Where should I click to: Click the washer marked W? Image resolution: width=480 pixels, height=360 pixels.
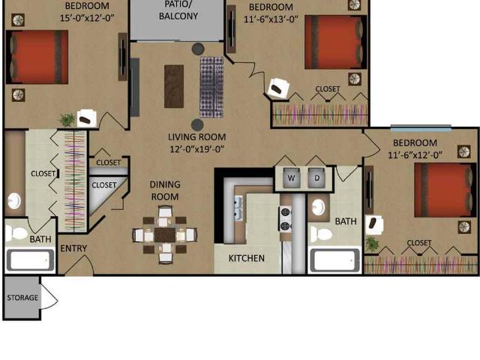click(x=291, y=178)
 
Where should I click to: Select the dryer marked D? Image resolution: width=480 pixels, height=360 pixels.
click(x=316, y=178)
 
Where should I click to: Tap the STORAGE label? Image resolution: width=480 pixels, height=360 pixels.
click(x=22, y=298)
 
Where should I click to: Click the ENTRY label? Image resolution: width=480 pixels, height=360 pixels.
click(x=73, y=248)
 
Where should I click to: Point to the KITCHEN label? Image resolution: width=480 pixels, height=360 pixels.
click(x=247, y=258)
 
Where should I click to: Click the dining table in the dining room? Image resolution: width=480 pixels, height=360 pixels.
click(x=165, y=235)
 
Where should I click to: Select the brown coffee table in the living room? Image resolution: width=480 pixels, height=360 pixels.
click(x=174, y=86)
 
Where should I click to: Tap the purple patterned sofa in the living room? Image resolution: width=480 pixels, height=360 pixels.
click(x=211, y=87)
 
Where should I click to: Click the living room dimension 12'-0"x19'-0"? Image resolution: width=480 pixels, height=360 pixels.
click(x=197, y=149)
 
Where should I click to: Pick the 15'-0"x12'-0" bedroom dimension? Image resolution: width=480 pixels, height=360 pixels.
click(x=87, y=18)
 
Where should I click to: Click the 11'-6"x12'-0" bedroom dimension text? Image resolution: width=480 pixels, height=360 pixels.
click(x=415, y=155)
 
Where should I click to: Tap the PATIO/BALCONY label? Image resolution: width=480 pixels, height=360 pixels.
click(x=178, y=10)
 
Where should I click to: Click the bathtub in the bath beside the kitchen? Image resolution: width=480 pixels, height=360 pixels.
click(x=334, y=260)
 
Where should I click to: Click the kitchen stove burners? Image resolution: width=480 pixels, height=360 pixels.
click(x=285, y=219)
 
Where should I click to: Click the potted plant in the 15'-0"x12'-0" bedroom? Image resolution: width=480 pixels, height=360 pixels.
click(x=67, y=120)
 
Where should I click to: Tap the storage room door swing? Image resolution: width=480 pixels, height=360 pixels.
click(x=49, y=297)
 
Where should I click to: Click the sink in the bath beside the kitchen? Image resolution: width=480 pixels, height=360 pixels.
click(x=319, y=207)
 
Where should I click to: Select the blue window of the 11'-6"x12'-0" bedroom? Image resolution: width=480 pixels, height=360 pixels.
click(x=421, y=128)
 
